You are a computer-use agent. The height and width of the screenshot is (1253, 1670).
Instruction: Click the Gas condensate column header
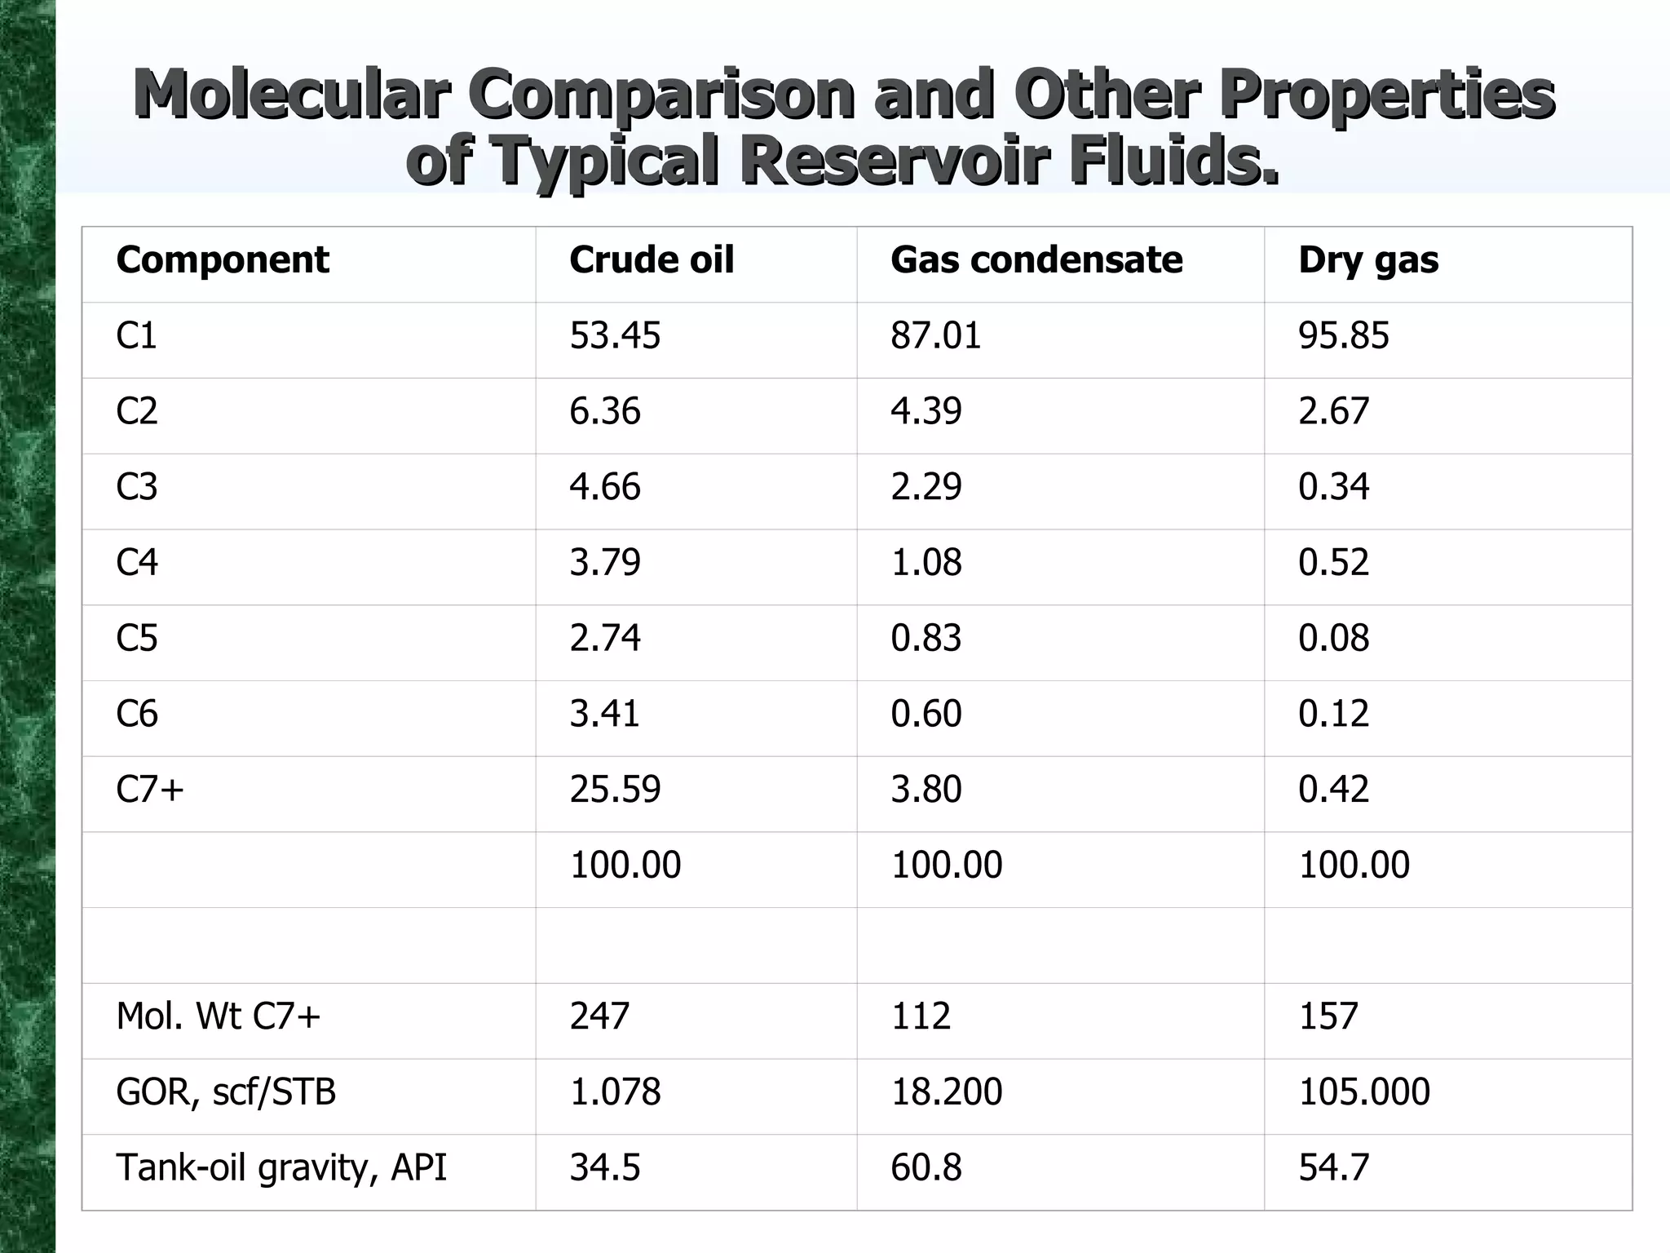[x=1036, y=260]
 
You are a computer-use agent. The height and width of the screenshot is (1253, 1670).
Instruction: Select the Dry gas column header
[x=1367, y=260]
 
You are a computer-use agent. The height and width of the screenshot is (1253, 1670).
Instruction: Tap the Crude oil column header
[x=651, y=260]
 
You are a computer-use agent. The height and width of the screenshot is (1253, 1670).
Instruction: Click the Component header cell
[x=222, y=260]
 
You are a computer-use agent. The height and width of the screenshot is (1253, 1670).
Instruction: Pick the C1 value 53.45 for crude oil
[x=614, y=336]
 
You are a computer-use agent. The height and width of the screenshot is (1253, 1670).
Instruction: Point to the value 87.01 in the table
[x=935, y=336]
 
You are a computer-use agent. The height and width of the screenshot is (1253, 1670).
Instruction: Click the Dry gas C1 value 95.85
[x=1343, y=336]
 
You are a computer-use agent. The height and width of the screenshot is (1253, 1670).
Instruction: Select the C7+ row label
[x=150, y=790]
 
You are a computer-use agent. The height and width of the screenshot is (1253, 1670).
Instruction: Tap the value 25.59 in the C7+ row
[x=614, y=790]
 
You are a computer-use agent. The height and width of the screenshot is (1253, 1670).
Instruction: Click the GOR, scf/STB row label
[x=226, y=1092]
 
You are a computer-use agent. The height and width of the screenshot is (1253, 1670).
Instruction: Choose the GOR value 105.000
[x=1363, y=1092]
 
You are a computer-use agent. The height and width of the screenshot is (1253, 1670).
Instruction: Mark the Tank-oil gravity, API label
[x=281, y=1168]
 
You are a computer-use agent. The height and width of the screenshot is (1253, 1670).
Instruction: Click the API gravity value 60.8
[x=926, y=1168]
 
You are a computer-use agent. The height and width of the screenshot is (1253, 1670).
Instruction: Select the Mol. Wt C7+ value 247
[x=599, y=1016]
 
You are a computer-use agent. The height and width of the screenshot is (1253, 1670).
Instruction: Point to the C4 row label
[x=137, y=563]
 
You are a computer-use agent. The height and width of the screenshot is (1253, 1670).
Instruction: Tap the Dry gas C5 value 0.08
[x=1333, y=639]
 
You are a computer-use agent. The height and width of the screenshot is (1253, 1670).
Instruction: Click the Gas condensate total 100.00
[x=946, y=866]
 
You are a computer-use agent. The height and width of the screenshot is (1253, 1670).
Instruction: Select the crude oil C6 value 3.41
[x=604, y=714]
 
